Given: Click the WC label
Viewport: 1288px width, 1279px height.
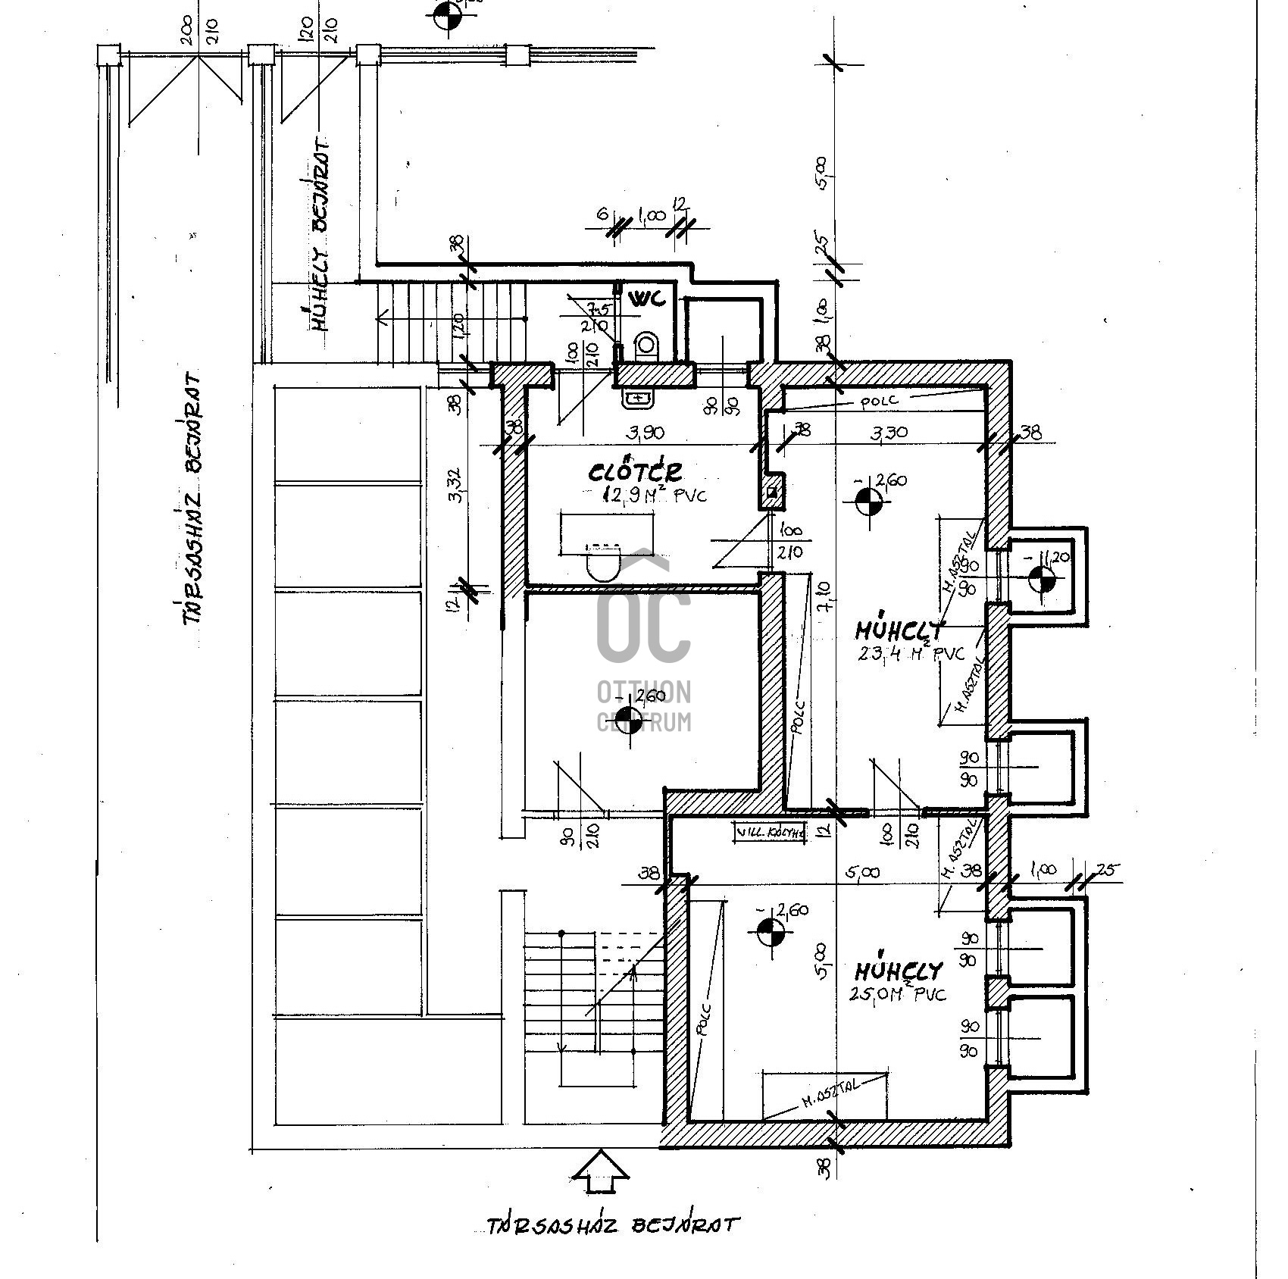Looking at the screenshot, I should pyautogui.click(x=647, y=298).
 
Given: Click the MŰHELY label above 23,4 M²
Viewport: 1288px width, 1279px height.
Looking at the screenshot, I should pyautogui.click(x=899, y=630).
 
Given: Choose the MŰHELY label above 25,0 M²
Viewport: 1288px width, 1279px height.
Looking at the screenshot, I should pyautogui.click(x=899, y=971).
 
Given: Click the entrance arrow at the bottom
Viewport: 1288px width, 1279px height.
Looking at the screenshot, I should pyautogui.click(x=601, y=1175).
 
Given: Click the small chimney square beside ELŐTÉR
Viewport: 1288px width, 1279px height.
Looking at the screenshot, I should pyautogui.click(x=772, y=493).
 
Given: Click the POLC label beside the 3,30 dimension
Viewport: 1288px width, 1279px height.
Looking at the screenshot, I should pyautogui.click(x=879, y=401).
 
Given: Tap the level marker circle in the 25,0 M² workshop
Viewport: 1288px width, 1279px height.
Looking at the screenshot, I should pyautogui.click(x=771, y=932).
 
